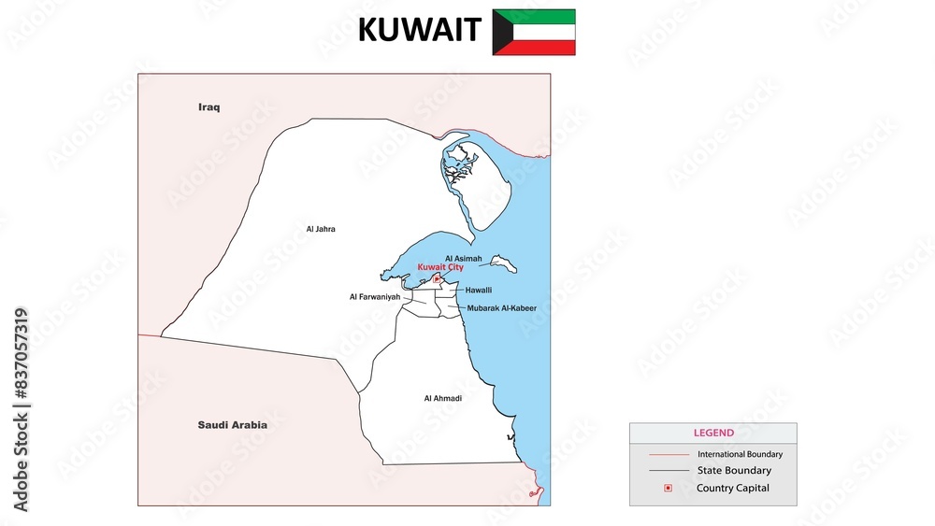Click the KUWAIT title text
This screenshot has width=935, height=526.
coord(419,31)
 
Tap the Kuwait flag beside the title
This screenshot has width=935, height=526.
coord(534,32)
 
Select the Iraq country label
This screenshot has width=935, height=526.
coord(209,107)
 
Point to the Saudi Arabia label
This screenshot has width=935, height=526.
coord(232,425)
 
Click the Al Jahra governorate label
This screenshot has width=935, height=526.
coord(320,229)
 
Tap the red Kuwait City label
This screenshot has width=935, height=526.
coord(440,267)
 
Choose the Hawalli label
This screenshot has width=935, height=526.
coord(479,291)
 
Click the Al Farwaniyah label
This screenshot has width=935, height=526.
coord(375,297)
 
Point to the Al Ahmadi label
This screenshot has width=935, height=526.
coord(442,398)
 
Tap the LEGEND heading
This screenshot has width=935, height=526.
coord(713,434)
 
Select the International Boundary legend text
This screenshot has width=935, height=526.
coord(740,454)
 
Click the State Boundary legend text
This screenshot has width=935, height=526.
coord(734,471)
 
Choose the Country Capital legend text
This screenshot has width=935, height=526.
coord(733,488)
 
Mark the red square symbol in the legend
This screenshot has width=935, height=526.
coord(667,488)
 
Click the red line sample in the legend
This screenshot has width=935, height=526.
coord(668,454)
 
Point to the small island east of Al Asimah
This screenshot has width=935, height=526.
coord(504,263)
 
